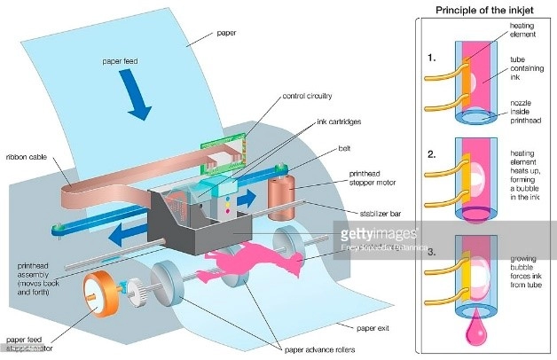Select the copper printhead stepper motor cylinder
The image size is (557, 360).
click(x=285, y=194)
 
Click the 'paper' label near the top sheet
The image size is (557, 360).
click(x=227, y=35)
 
